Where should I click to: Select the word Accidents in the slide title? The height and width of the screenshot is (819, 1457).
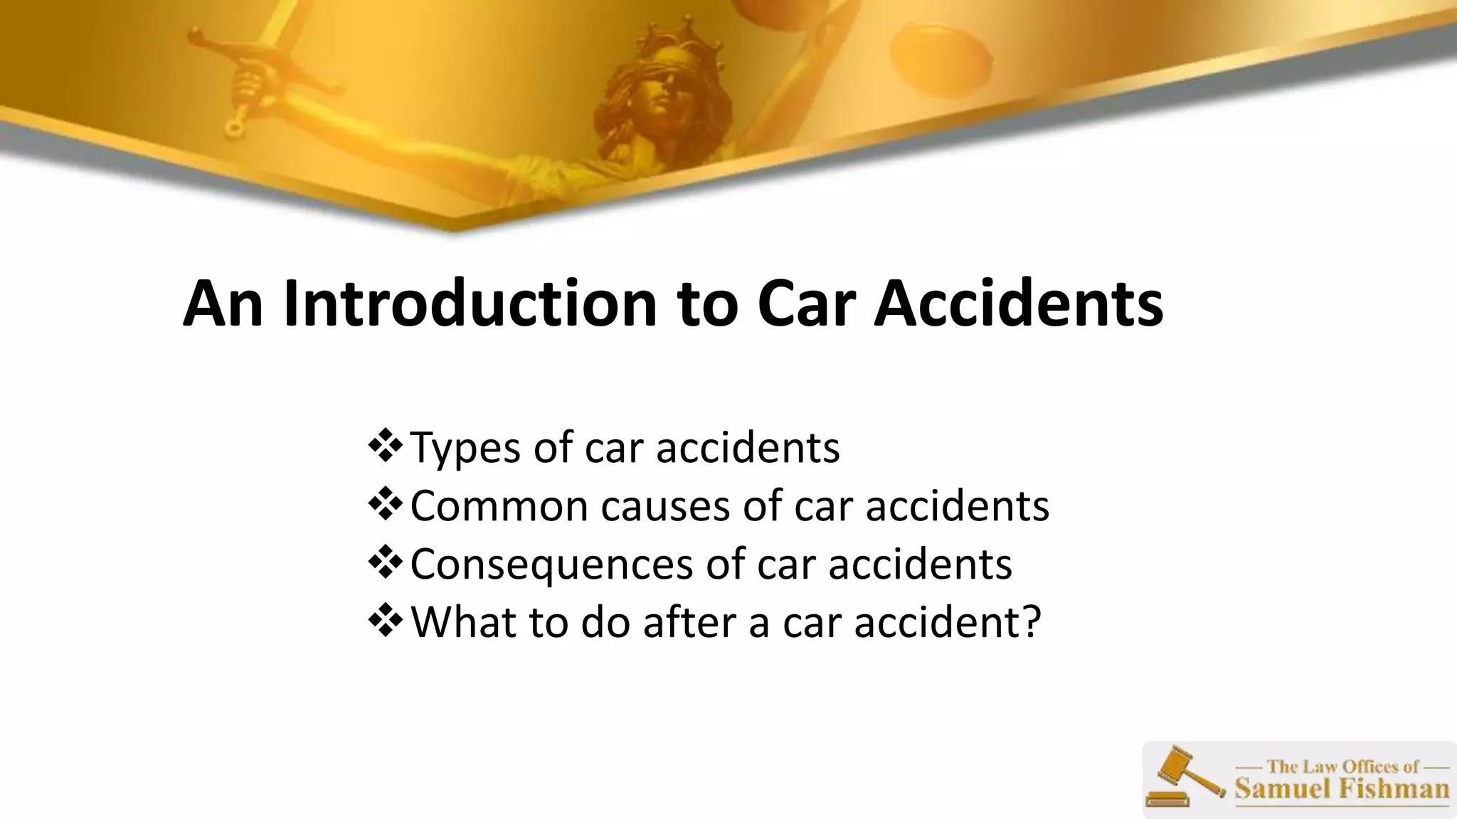tap(1018, 304)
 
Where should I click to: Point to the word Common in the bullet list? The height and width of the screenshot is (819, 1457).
tap(499, 506)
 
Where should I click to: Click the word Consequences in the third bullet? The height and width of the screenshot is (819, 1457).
tap(552, 565)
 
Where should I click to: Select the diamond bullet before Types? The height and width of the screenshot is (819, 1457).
tap(385, 446)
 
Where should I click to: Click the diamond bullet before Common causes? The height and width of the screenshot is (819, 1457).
tap(385, 504)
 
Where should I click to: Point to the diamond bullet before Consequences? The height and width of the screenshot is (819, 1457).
tap(385, 562)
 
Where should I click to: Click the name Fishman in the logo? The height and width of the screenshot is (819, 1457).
tap(1395, 789)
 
